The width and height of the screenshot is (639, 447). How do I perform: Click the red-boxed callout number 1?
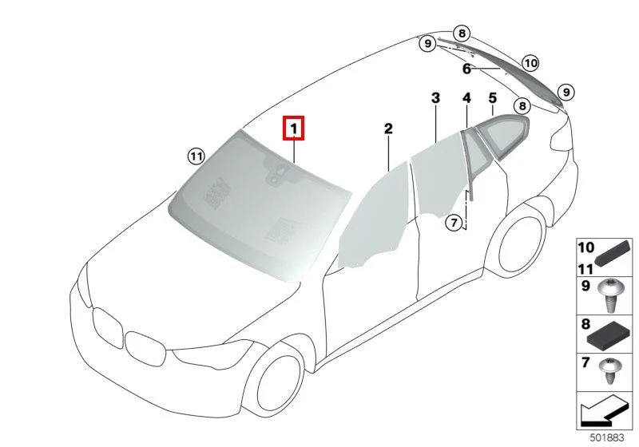pyautogui.click(x=294, y=129)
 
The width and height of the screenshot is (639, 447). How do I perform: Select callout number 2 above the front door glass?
pyautogui.click(x=388, y=129)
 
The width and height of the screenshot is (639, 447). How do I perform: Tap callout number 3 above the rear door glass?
pyautogui.click(x=435, y=97)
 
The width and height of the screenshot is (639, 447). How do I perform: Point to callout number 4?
pyautogui.click(x=467, y=97)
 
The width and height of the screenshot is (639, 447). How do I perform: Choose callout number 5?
pyautogui.click(x=493, y=97)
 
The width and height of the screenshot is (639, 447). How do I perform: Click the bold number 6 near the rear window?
pyautogui.click(x=466, y=69)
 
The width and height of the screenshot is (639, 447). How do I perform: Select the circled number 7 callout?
pyautogui.click(x=454, y=222)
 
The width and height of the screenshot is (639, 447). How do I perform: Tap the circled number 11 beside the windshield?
pyautogui.click(x=196, y=156)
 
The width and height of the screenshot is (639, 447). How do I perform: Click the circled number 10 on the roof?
pyautogui.click(x=530, y=63)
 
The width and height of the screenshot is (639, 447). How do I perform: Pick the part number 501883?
pyautogui.click(x=607, y=437)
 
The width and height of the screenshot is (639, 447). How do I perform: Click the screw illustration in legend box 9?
pyautogui.click(x=609, y=295)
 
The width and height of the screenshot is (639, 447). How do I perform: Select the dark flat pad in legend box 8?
pyautogui.click(x=609, y=336)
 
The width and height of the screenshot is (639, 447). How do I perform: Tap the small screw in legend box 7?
pyautogui.click(x=609, y=370)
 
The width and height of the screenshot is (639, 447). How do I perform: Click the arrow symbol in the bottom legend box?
pyautogui.click(x=605, y=410)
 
